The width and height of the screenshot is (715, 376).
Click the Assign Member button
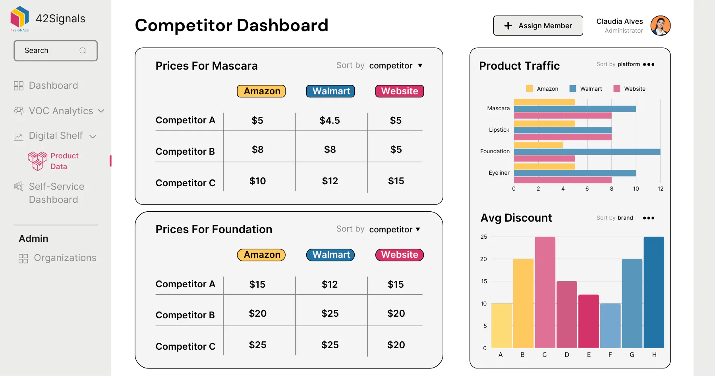538,26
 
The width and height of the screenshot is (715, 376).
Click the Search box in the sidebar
56,51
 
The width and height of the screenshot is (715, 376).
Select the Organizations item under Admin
57,258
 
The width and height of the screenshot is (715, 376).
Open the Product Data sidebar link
53,161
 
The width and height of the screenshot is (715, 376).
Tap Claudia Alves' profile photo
660,26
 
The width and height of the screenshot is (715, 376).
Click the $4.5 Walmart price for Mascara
330,121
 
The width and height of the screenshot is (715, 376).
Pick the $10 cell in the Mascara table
257,181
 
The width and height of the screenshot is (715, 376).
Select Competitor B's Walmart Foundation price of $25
330,314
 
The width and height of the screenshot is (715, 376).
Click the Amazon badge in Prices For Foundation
261,255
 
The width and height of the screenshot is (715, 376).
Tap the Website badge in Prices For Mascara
400,91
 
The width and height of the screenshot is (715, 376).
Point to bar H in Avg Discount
654,292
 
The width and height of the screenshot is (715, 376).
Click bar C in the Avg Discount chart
545,292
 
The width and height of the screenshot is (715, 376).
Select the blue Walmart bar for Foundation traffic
587,152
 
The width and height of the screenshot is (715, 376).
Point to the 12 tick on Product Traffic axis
661,189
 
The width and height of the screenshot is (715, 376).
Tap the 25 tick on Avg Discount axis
483,237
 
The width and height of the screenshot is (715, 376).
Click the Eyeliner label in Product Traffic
499,173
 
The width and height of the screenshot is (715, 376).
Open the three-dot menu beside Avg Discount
649,218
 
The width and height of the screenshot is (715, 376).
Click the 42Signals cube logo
20,17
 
